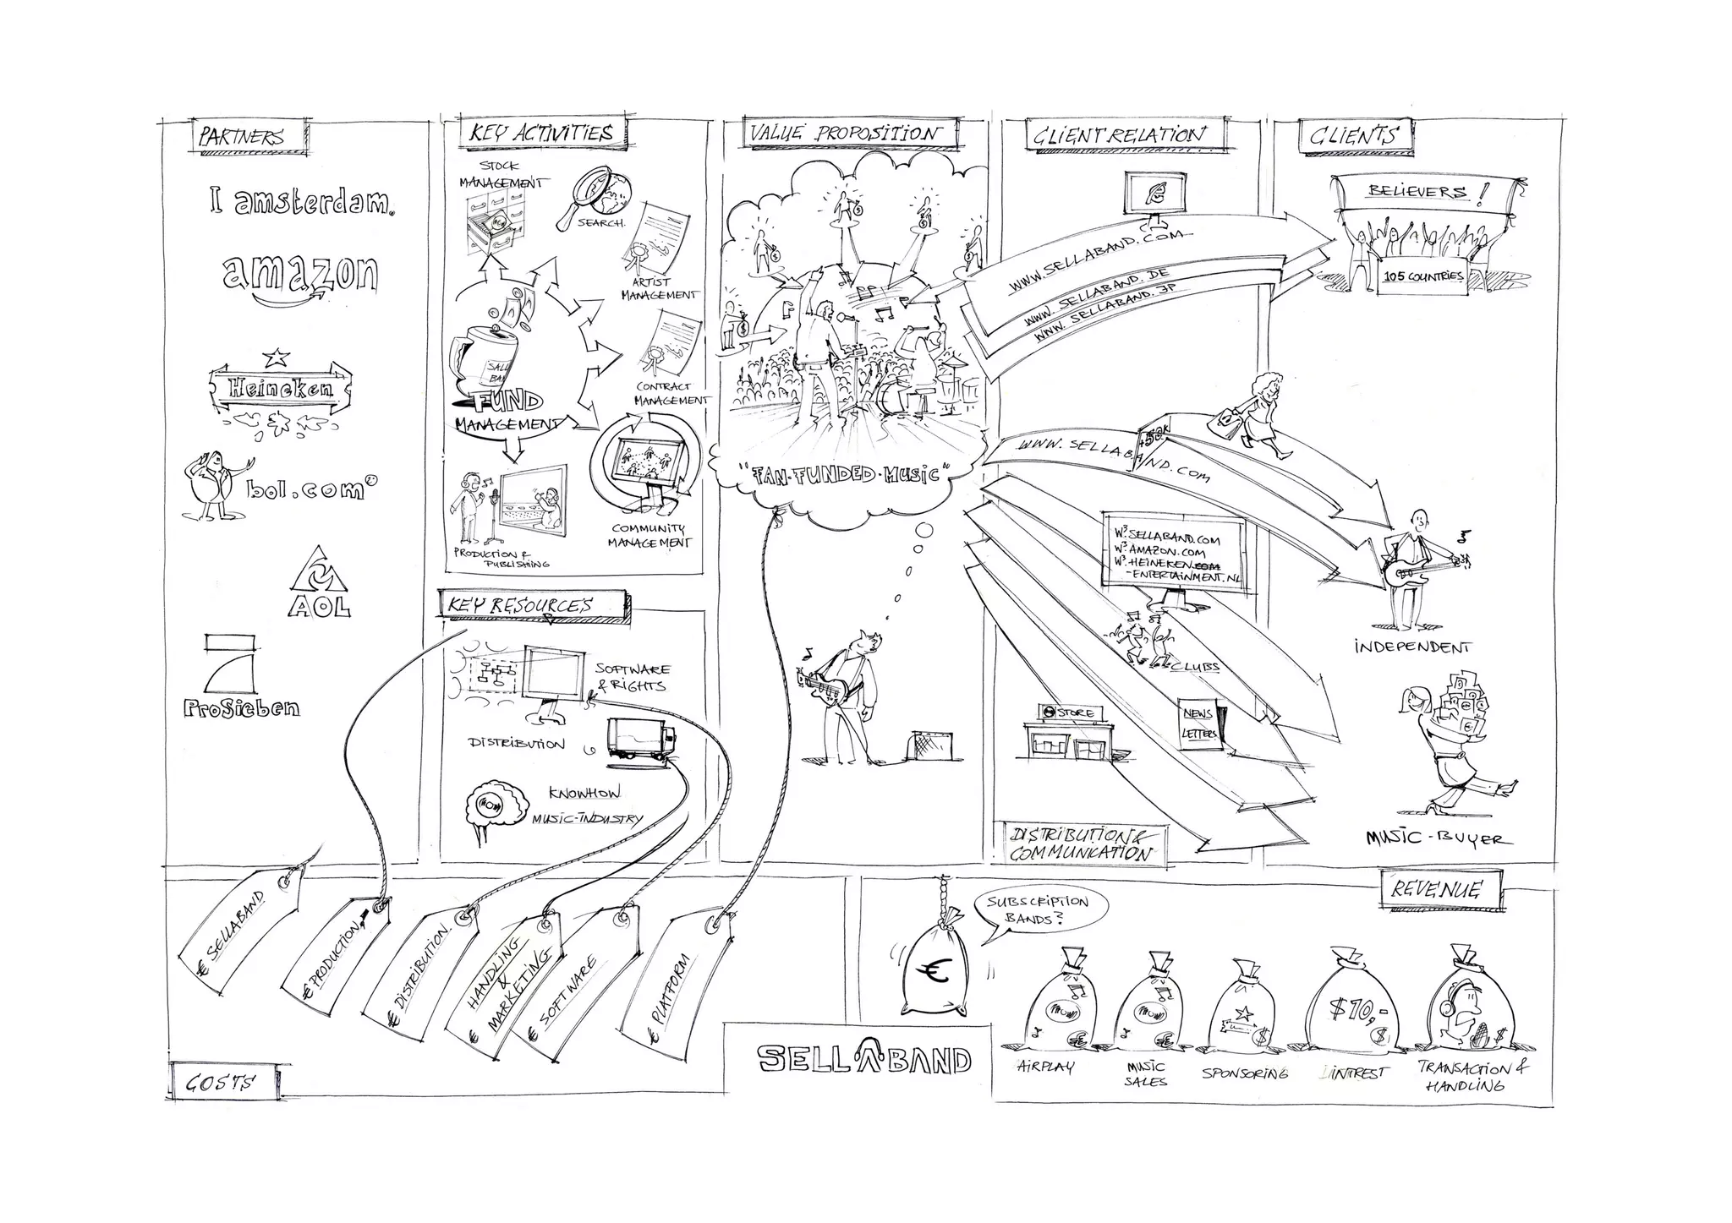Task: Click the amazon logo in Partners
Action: (x=300, y=276)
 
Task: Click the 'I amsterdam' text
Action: (x=301, y=201)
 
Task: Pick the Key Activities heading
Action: (x=541, y=134)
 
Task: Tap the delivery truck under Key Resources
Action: (x=641, y=740)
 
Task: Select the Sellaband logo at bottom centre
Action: (x=863, y=1058)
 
